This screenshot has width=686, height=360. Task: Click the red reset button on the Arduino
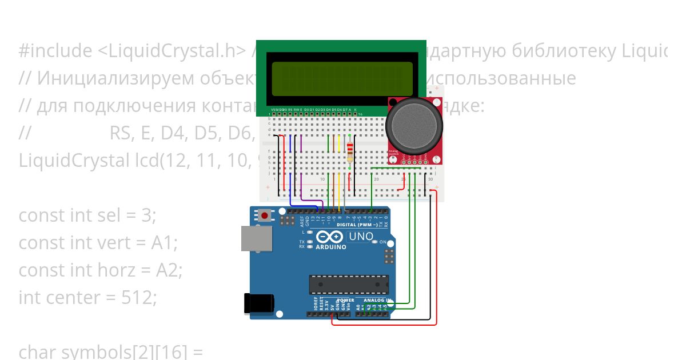coord(265,216)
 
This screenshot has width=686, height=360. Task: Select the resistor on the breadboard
coord(350,151)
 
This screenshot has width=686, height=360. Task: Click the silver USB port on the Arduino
coord(252,238)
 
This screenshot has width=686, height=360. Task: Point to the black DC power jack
coord(258,303)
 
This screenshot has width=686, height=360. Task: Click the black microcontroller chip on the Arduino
coord(349,284)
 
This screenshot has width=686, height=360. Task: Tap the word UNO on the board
coord(361,237)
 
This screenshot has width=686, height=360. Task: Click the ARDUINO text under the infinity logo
coord(330,247)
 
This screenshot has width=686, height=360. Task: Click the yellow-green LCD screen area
coord(341,79)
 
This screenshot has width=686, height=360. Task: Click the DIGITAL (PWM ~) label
coord(361,225)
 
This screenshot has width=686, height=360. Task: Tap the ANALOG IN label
coord(378,300)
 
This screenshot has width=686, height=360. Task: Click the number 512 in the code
coord(138,297)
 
